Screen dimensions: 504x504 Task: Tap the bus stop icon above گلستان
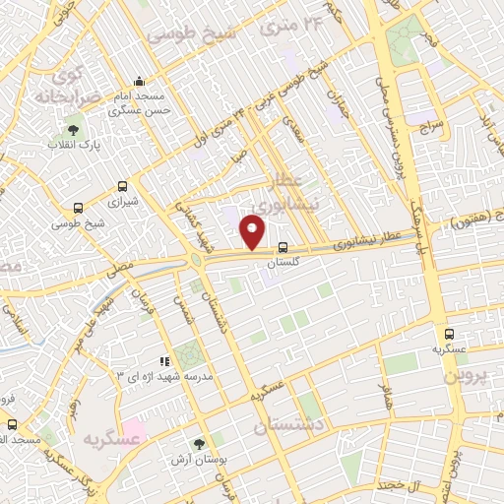coord(283,248)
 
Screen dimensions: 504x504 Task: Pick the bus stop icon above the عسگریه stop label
coord(449,334)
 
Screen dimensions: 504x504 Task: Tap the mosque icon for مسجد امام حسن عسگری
coord(139,82)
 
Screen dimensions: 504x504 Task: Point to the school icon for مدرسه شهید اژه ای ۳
coord(163,362)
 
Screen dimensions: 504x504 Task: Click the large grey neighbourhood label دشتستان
coord(287,425)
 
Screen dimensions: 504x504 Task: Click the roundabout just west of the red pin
coord(200,260)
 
